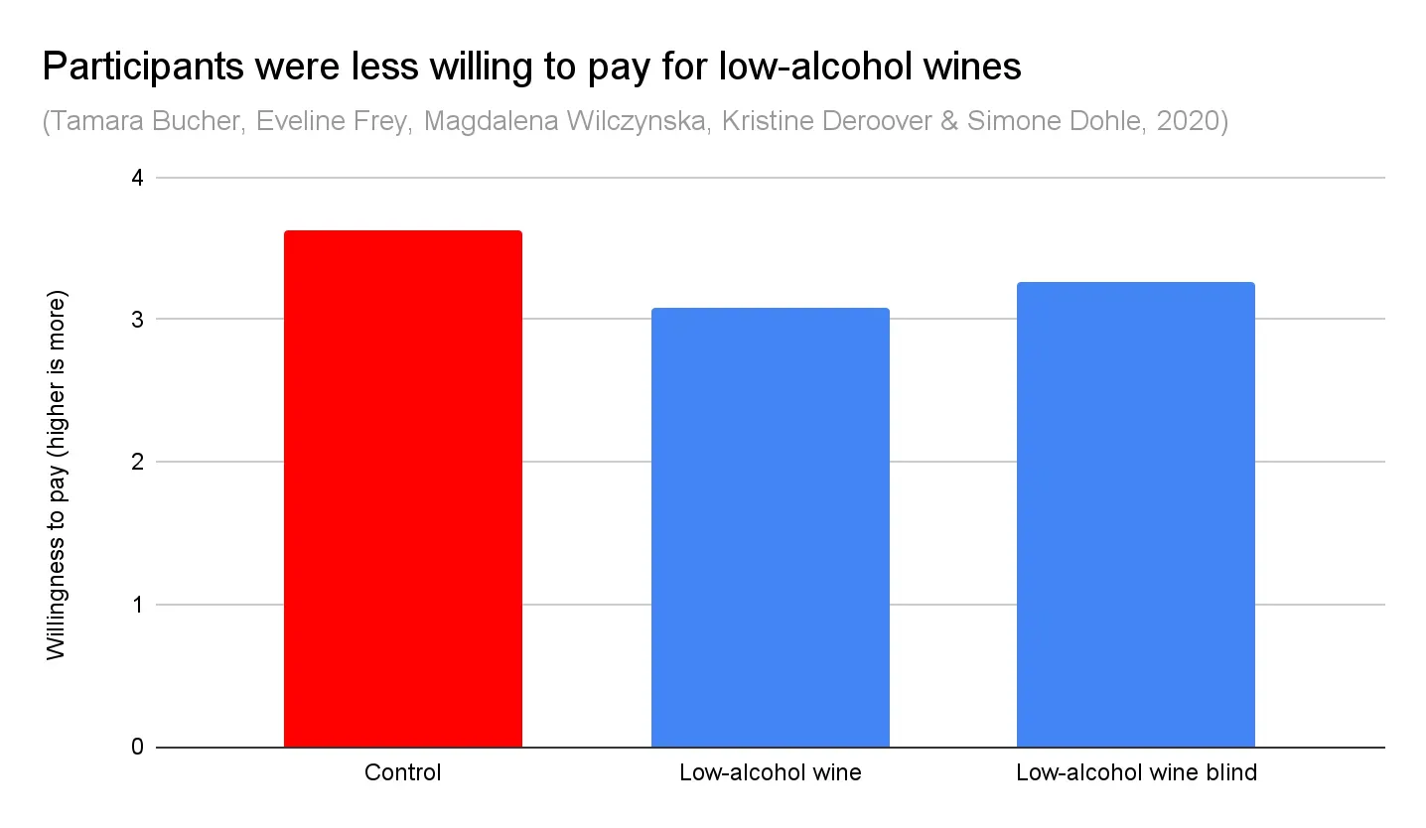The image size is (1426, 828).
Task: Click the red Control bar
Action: pos(402,488)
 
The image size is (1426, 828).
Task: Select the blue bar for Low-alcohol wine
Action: pos(770,527)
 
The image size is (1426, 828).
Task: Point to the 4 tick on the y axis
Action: pos(137,179)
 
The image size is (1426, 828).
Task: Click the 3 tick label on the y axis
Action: pos(137,320)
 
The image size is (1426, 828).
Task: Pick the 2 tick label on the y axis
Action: pos(137,462)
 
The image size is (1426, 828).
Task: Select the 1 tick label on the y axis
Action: pos(137,605)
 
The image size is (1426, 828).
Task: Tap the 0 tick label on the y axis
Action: pos(137,747)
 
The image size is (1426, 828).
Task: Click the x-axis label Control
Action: pos(402,772)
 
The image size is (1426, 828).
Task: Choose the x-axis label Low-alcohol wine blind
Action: pos(1136,772)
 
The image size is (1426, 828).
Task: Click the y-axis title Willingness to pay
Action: pos(57,476)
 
